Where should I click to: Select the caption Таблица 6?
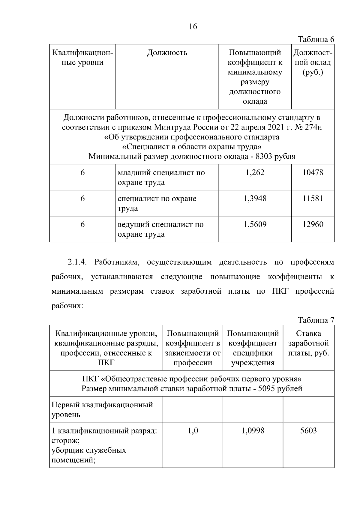pos(316,40)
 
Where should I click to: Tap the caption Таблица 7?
pos(316,320)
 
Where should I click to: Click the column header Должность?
pos(167,53)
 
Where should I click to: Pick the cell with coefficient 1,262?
pos(255,172)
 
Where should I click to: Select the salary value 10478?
pos(313,172)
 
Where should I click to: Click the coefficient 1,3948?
pos(255,199)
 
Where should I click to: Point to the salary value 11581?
pos(313,199)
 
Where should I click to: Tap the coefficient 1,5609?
pos(255,224)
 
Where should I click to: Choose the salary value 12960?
pos(313,224)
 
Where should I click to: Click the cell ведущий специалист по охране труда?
pos(160,229)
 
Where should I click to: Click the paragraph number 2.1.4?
pos(77,262)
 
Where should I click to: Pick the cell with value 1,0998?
pos(253,431)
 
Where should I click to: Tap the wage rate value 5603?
pos(308,431)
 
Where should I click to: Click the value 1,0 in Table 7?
pos(193,431)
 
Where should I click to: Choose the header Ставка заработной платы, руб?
pos(308,343)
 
